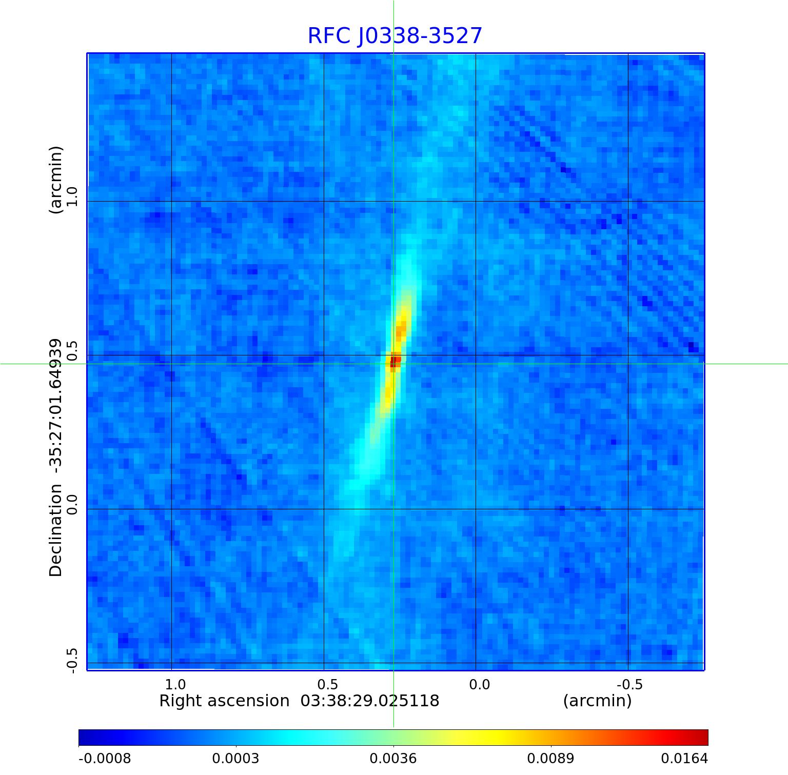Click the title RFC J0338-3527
pos(395,36)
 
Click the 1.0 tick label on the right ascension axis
pos(175,684)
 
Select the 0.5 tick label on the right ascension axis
pos(327,684)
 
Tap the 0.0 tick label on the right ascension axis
pos(479,684)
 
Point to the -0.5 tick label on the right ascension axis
pos(629,684)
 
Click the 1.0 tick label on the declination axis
pos(71,196)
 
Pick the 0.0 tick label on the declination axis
pos(71,504)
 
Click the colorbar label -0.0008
pos(105,758)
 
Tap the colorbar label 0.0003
pos(235,758)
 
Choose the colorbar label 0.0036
pos(393,758)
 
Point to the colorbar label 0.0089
pos(550,758)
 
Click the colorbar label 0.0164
pos(684,758)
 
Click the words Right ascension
pos(224,701)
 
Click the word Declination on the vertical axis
pos(55,530)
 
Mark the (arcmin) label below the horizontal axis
pos(597,701)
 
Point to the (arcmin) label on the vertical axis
pos(55,180)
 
